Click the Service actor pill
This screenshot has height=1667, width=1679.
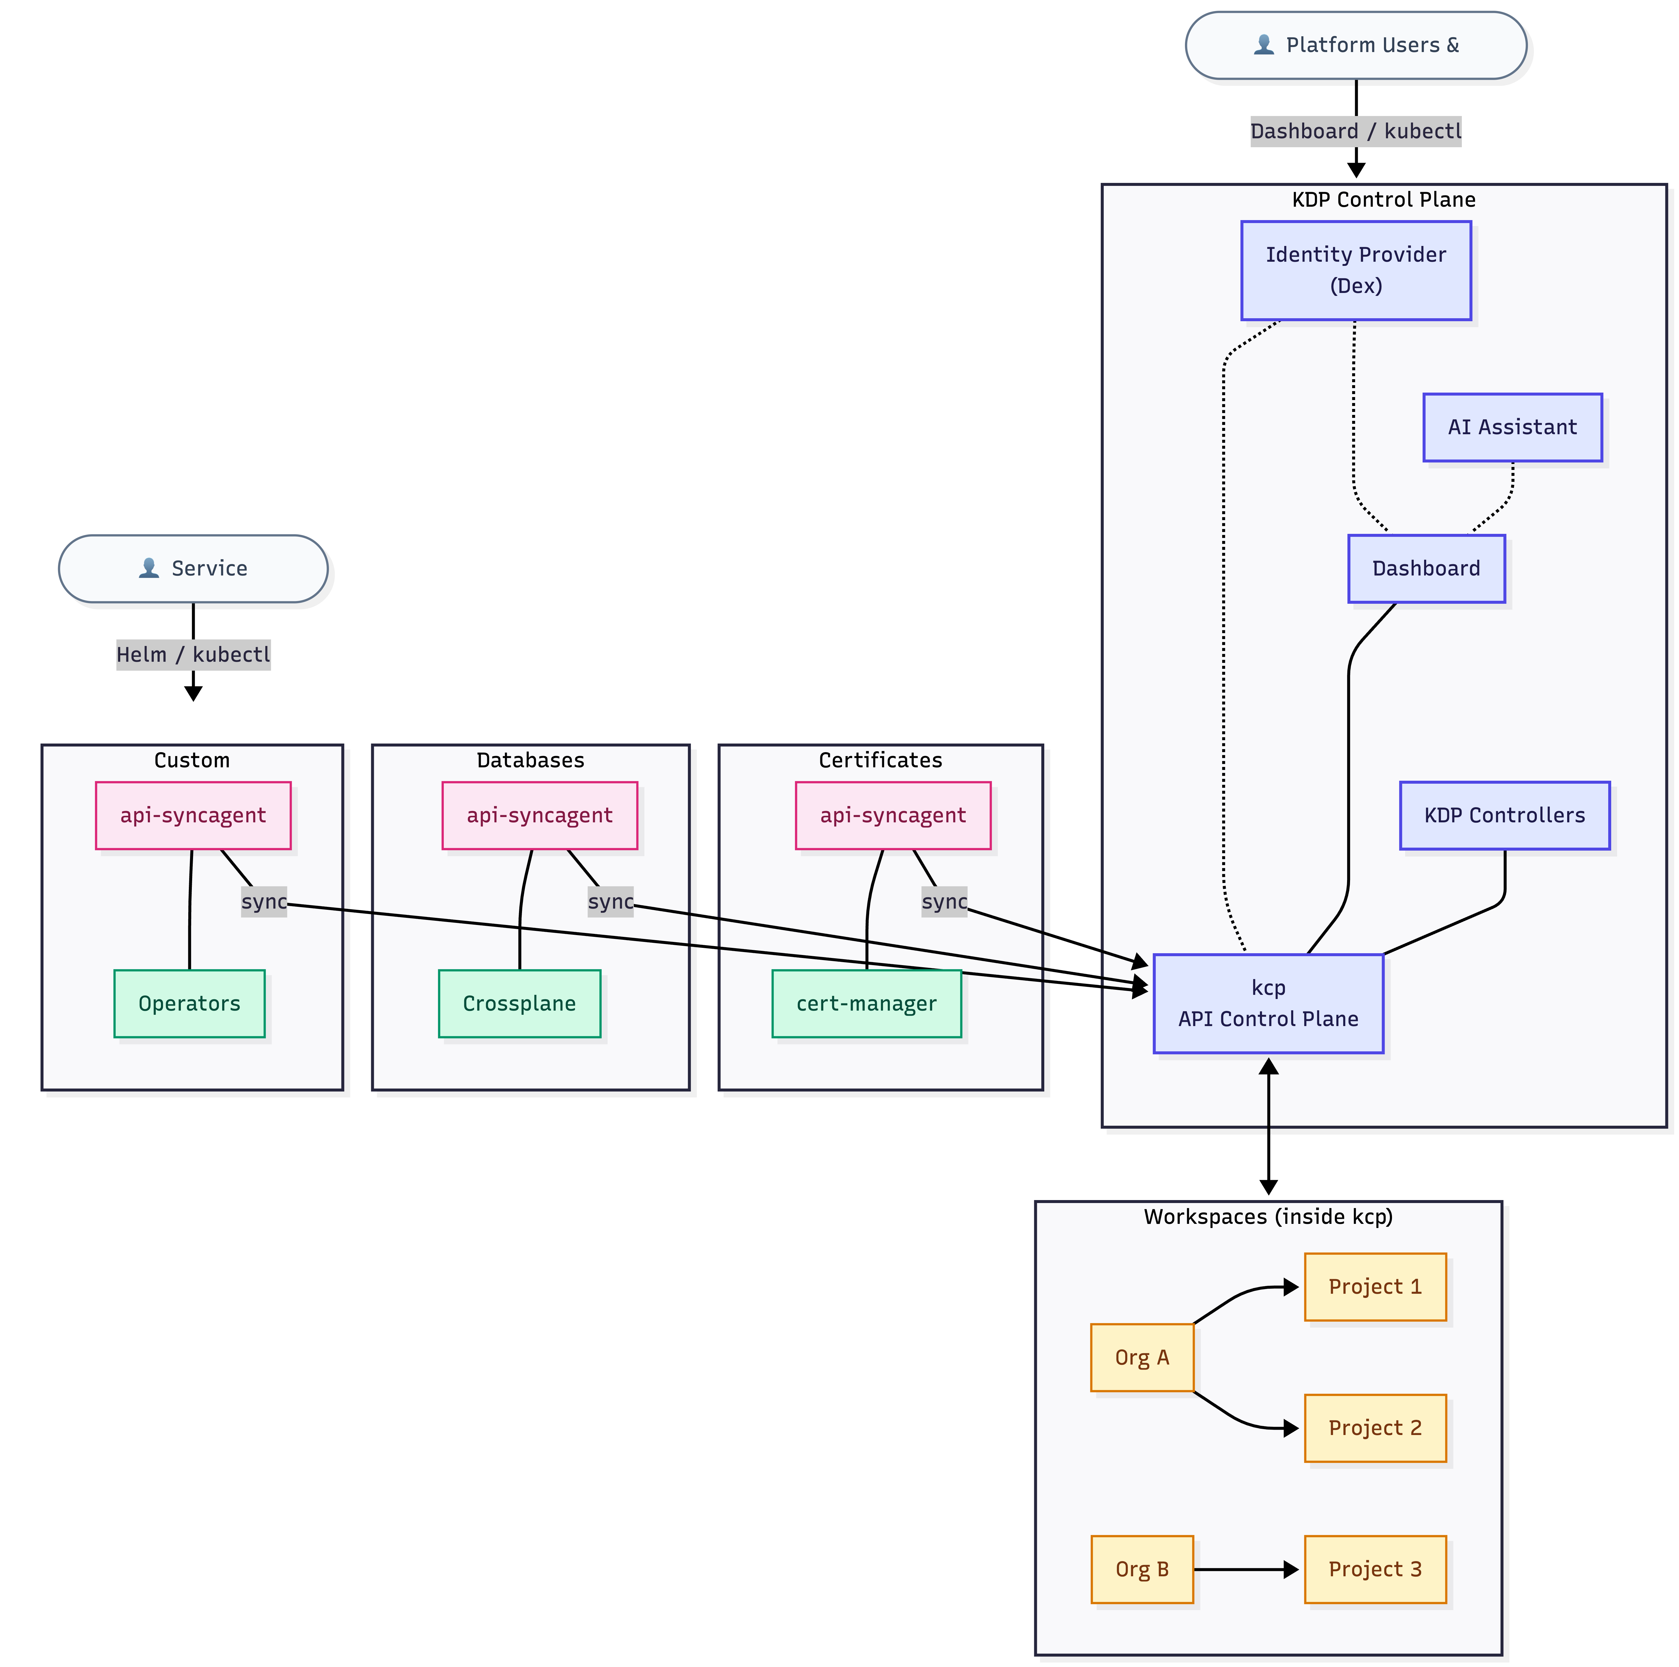[x=193, y=568]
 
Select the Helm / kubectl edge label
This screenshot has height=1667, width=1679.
[x=193, y=655]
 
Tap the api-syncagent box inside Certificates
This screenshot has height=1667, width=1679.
[x=893, y=815]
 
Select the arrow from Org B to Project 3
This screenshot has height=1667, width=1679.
[x=1244, y=1570]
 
